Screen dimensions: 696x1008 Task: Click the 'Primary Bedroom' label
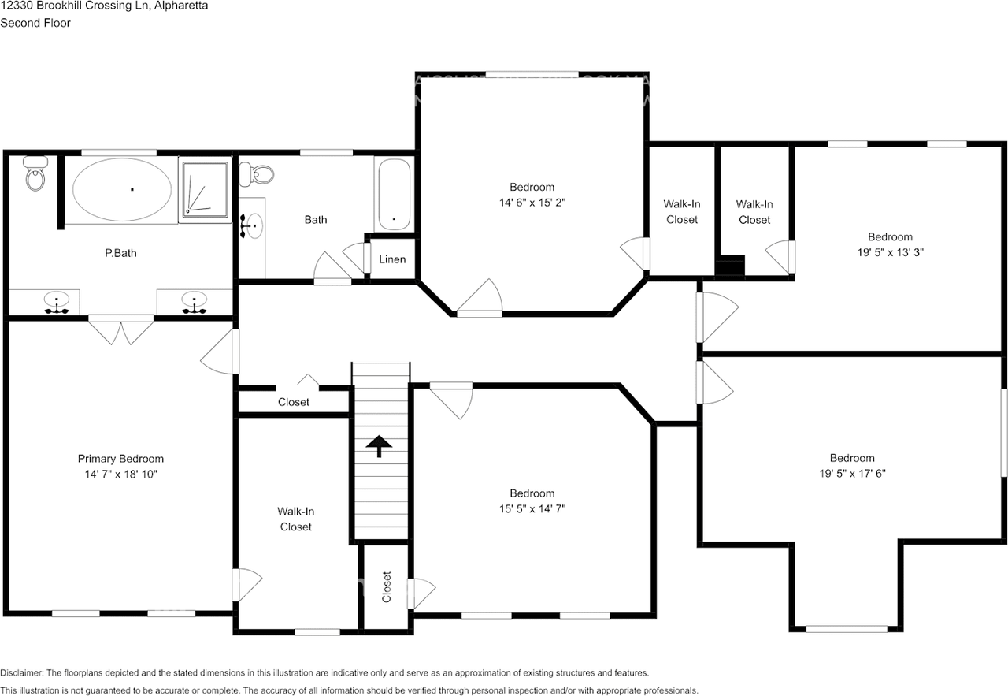point(120,459)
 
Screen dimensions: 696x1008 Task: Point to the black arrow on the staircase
point(380,447)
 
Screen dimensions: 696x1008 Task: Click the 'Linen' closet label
point(392,259)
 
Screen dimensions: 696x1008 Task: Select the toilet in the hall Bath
point(257,174)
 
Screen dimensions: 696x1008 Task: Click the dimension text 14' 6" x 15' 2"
point(532,203)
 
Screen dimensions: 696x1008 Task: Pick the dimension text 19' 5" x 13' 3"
point(890,252)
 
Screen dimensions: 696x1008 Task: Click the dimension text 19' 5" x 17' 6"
point(851,474)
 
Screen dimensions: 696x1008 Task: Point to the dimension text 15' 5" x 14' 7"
point(532,508)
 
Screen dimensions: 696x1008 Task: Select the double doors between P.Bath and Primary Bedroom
point(120,329)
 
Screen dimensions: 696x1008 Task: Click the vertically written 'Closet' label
point(387,587)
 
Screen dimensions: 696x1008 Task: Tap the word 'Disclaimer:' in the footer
point(22,673)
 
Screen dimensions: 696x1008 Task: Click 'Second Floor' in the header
point(35,23)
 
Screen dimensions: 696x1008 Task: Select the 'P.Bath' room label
point(120,253)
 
